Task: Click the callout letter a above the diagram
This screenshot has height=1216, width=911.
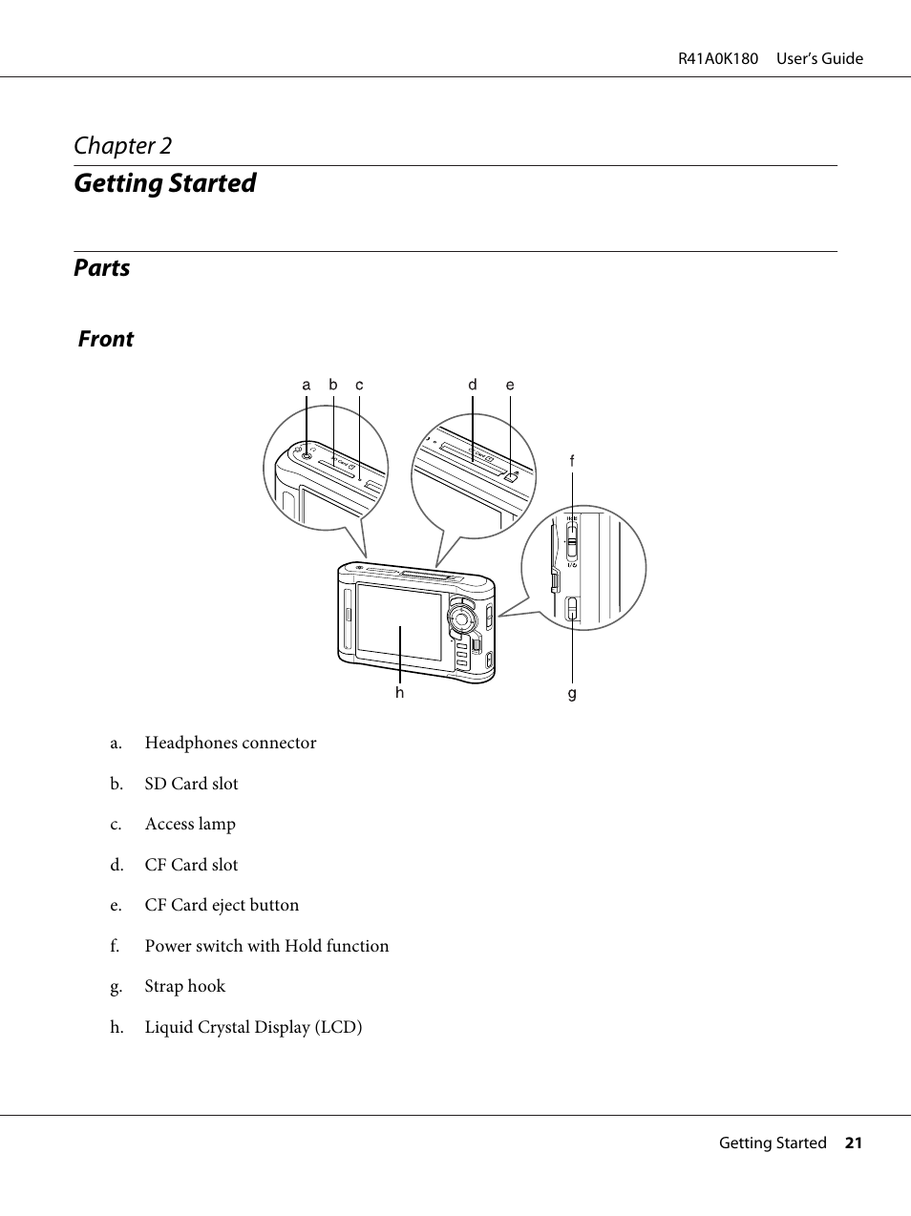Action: pos(307,386)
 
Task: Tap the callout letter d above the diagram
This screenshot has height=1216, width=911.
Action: pos(473,385)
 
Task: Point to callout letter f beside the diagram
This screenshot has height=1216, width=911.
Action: pos(572,461)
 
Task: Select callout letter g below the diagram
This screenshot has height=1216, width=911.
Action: pos(572,693)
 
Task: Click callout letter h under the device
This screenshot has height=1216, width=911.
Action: pos(400,692)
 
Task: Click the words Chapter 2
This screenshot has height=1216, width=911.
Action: pos(123,146)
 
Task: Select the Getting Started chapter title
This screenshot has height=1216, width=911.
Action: pos(165,183)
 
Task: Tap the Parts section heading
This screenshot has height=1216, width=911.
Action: pos(102,268)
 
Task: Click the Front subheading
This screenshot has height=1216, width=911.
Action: pos(106,340)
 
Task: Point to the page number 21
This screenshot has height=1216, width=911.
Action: pos(853,1143)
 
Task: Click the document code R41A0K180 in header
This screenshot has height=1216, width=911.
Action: pos(718,59)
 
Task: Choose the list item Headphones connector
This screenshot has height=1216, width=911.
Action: pos(230,743)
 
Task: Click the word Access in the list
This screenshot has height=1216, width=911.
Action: pos(169,824)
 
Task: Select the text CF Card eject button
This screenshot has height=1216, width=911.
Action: pos(222,905)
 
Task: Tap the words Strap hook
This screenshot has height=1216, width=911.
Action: pos(185,986)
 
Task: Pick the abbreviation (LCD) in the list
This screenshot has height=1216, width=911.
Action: pos(338,1027)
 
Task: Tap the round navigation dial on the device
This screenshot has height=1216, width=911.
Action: pos(462,618)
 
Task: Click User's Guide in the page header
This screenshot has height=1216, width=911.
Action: pos(819,59)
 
